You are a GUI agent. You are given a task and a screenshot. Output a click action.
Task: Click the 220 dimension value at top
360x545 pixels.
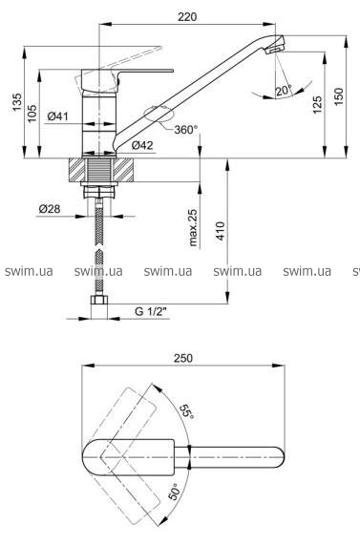(187, 16)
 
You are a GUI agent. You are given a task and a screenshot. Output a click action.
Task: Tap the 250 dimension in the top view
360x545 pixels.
(183, 358)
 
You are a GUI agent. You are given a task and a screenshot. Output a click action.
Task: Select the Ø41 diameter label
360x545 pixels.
(57, 116)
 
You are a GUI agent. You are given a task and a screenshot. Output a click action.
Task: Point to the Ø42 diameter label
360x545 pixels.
(142, 145)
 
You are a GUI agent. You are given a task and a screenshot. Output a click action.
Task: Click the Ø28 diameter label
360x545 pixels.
(50, 209)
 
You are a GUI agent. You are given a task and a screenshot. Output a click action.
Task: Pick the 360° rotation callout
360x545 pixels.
(186, 130)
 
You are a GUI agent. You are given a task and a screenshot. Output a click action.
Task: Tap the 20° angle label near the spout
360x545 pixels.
(284, 91)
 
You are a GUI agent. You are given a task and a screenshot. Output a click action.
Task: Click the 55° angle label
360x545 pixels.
(187, 411)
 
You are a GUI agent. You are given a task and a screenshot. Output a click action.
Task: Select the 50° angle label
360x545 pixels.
(175, 493)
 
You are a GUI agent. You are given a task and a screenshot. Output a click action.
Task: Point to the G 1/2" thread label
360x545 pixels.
(151, 311)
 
